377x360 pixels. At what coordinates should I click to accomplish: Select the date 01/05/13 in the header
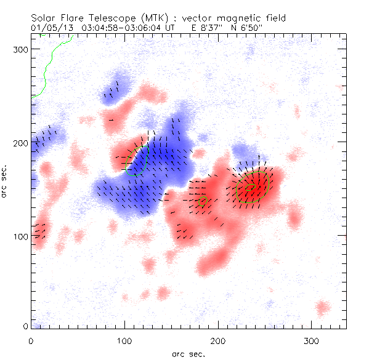pos(49,28)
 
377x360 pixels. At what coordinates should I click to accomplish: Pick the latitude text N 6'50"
pos(246,28)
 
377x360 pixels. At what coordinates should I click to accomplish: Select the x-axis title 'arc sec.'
pos(188,354)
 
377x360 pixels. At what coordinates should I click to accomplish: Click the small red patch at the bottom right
pos(322,306)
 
